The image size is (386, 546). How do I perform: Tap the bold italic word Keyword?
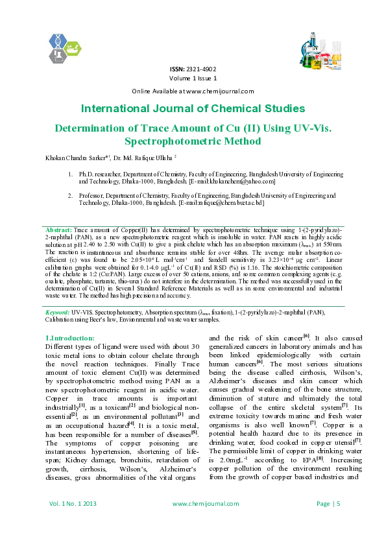pyautogui.click(x=58, y=312)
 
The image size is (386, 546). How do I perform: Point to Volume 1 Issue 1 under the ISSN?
pyautogui.click(x=193, y=78)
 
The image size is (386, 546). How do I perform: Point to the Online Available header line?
pyautogui.click(x=193, y=91)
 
